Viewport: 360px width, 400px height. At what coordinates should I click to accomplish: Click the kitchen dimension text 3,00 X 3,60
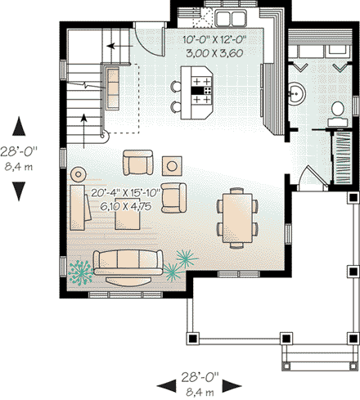221,52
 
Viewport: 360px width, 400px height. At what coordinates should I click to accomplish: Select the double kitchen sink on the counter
227,17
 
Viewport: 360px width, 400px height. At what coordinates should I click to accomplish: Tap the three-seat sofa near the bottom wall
126,262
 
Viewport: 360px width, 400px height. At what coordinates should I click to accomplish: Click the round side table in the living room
79,173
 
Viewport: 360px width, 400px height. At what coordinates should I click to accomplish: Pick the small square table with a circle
173,164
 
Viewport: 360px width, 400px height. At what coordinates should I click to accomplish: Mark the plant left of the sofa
80,270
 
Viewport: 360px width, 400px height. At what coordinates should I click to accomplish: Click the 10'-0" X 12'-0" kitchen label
221,38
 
